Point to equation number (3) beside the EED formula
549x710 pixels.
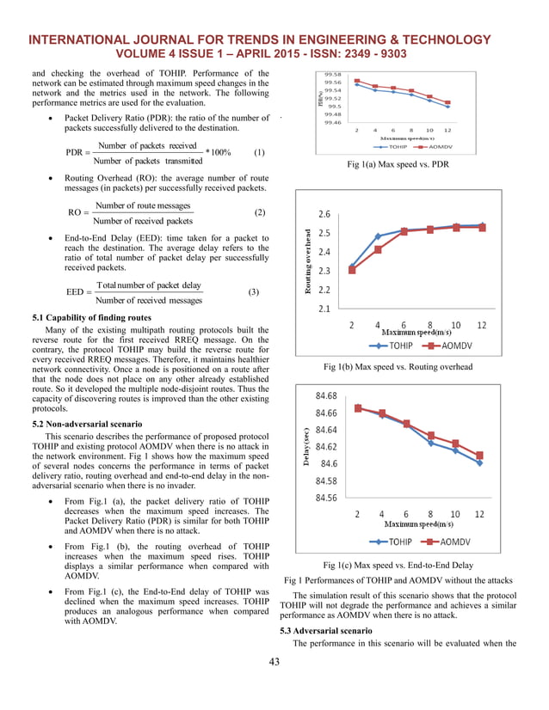[x=253, y=292]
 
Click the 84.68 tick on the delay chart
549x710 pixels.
[x=327, y=396]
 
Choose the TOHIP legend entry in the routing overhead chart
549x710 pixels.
[x=387, y=346]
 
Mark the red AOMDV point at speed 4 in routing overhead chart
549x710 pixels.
[x=378, y=249]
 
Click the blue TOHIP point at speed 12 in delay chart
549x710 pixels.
[x=479, y=463]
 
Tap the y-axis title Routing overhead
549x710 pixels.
[x=309, y=261]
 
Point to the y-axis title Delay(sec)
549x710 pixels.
[x=306, y=450]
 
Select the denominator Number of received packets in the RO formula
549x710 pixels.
[x=144, y=221]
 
